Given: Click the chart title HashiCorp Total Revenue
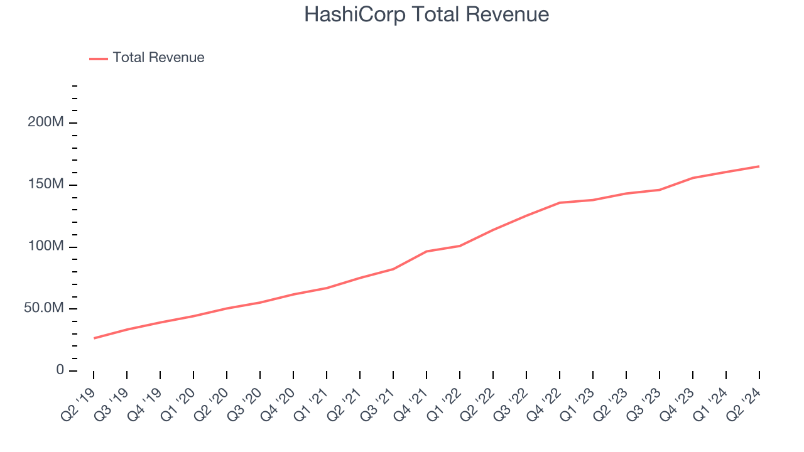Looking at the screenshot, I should (426, 14).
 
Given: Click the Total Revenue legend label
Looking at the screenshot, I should (158, 58).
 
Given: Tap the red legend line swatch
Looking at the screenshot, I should (99, 58).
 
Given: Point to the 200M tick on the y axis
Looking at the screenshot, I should (46, 122).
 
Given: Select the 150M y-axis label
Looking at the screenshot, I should (46, 185).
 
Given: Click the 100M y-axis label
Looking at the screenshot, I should (46, 247).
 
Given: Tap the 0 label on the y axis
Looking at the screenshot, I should (60, 370).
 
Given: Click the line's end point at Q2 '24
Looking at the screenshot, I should (759, 166).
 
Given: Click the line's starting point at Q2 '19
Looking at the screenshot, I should (94, 338).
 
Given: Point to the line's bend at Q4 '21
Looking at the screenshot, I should (426, 251).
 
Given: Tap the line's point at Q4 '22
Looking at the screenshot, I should (560, 203).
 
